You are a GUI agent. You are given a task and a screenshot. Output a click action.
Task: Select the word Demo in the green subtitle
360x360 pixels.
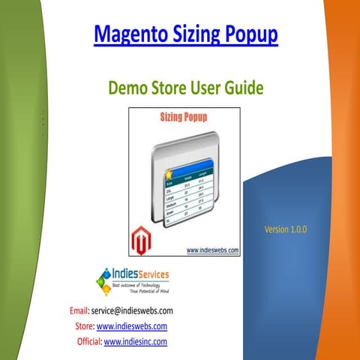129,88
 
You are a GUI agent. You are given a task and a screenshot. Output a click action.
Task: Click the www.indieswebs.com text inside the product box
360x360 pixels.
212,250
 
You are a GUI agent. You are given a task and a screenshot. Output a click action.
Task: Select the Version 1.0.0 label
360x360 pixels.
286,229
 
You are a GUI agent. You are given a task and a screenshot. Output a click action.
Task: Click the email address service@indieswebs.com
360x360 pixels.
133,310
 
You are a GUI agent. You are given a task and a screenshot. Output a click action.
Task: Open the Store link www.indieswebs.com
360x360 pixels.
131,325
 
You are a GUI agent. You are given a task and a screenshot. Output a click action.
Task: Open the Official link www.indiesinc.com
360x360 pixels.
135,341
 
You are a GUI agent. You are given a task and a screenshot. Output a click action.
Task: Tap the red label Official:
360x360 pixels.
89,341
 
